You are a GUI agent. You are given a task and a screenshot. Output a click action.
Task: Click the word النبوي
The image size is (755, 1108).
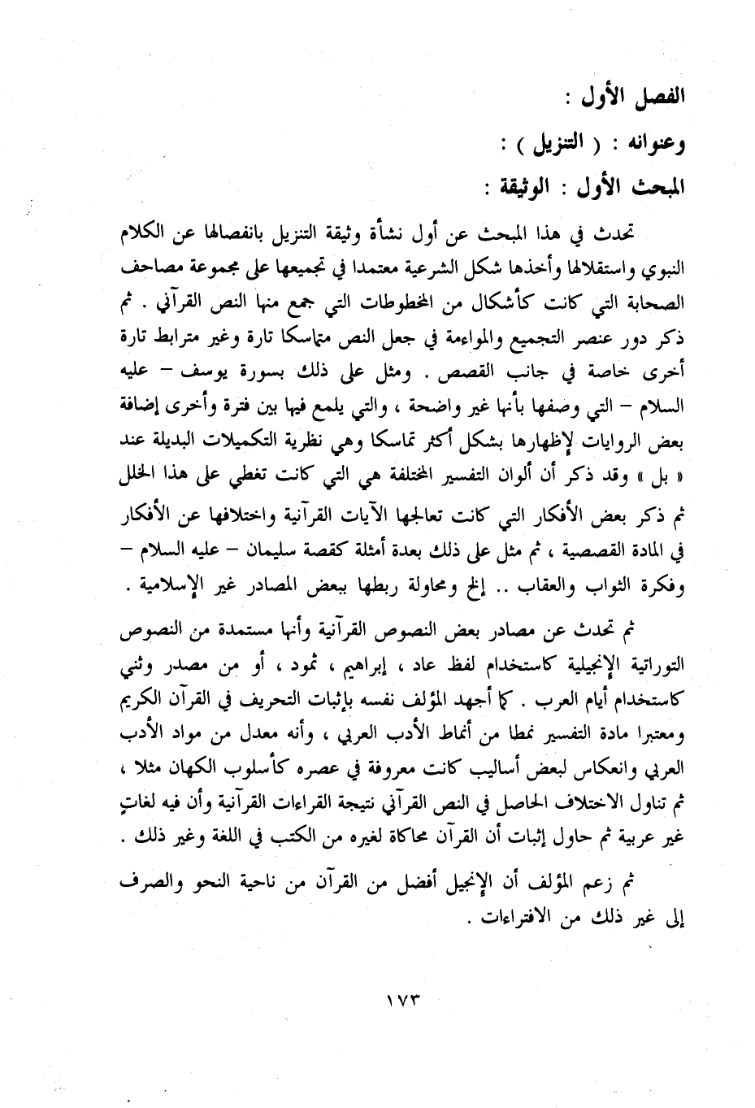(x=662, y=267)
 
